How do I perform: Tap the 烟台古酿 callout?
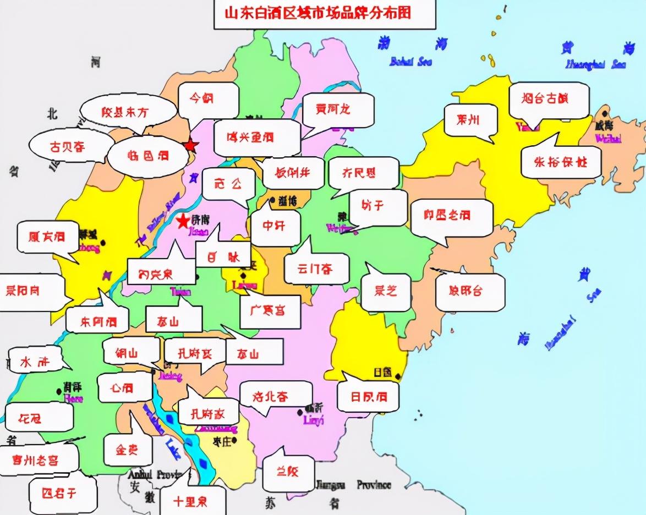point(545,99)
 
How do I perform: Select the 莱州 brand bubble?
point(468,120)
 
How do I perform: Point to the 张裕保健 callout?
point(560,162)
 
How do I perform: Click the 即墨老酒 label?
point(447,215)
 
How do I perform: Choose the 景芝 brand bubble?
point(385,291)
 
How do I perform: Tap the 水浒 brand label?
point(35,362)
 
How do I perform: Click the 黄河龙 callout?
point(333,109)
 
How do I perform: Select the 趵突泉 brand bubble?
point(156,273)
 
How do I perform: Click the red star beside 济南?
point(182,222)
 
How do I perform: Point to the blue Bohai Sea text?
point(410,62)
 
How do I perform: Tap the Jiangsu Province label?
point(352,485)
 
